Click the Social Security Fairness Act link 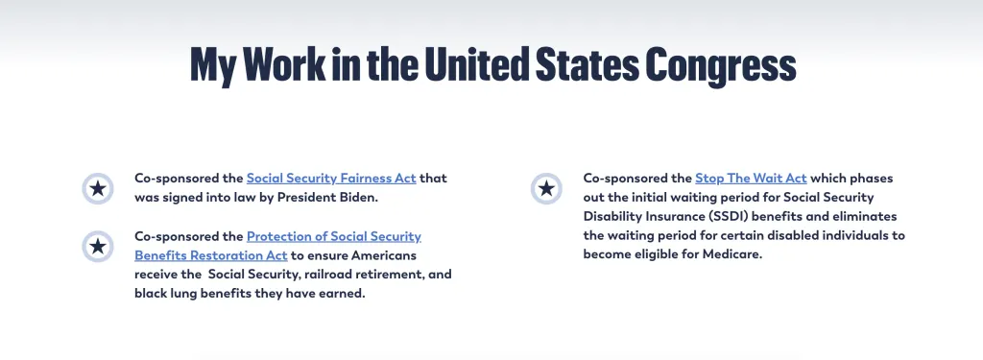(x=331, y=179)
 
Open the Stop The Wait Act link (x=751, y=179)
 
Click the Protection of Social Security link (x=333, y=236)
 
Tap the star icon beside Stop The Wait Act (x=546, y=188)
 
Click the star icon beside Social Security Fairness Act (x=97, y=188)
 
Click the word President (x=307, y=198)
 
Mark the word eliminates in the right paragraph (x=871, y=216)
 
